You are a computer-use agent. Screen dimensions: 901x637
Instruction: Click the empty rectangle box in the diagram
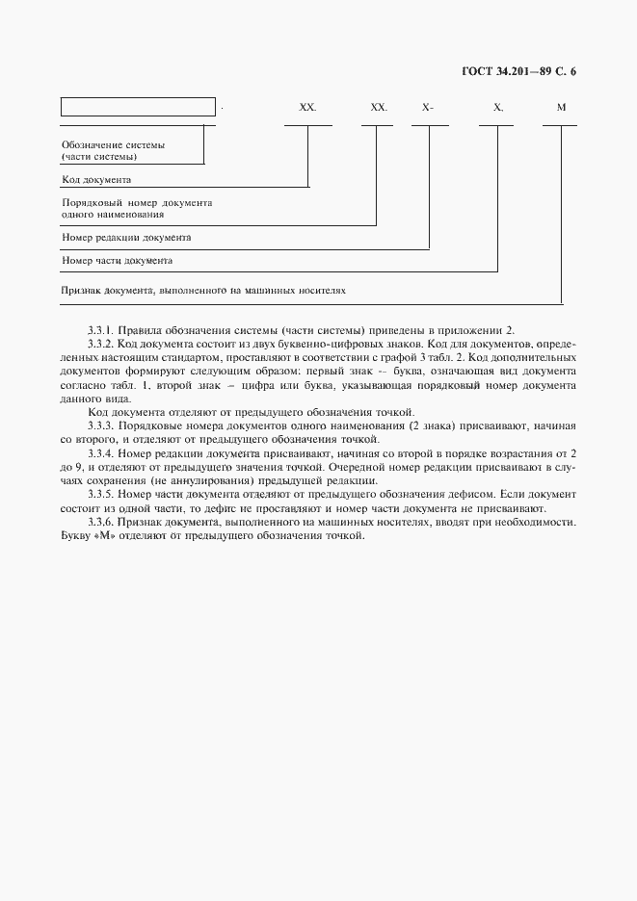(138, 107)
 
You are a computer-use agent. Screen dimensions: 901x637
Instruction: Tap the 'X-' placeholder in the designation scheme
(428, 108)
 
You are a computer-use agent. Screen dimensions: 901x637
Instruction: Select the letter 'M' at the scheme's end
(561, 108)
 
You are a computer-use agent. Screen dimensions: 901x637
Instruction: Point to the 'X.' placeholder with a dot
(497, 108)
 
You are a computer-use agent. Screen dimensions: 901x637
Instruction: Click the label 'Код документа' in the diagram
(96, 179)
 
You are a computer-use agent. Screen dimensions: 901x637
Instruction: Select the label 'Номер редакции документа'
(126, 236)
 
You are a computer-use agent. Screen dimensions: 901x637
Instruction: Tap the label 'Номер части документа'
(117, 260)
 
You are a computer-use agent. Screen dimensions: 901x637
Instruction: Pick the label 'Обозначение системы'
(113, 145)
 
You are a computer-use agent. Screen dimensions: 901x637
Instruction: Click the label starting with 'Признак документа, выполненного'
(202, 289)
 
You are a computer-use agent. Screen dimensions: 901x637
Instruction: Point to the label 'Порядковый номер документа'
(136, 204)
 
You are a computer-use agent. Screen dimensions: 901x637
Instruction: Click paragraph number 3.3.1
(100, 329)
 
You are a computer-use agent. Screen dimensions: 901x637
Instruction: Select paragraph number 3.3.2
(100, 344)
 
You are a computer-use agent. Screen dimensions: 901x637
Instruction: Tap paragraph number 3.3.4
(100, 453)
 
